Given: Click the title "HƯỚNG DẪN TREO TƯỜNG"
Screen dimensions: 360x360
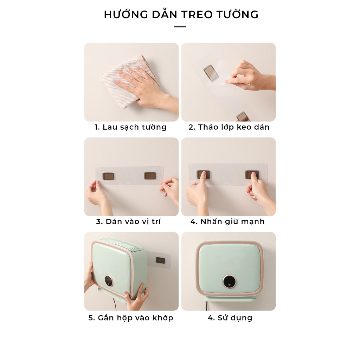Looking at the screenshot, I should (181, 15).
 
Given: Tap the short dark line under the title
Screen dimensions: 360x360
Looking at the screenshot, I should (180, 26).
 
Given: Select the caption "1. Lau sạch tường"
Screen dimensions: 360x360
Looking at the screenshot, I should (131, 127).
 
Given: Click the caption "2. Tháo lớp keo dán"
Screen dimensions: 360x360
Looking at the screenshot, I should (229, 127).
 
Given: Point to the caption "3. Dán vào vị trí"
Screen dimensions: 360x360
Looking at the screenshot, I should (128, 222).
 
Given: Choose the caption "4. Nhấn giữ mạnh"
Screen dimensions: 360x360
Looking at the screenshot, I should (227, 222).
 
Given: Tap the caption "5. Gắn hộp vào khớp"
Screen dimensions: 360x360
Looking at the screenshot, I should (131, 318).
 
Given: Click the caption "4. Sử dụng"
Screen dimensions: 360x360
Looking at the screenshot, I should (230, 318).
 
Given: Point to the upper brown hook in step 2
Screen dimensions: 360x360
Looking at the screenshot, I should (211, 73).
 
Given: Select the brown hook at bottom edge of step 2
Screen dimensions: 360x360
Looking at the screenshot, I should (243, 117).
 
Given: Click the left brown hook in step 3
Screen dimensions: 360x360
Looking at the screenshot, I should (108, 176).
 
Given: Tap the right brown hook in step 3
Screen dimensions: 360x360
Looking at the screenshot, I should (150, 176).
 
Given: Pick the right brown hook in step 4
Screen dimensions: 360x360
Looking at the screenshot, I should (252, 174).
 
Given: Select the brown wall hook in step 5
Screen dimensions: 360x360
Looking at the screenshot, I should (160, 261).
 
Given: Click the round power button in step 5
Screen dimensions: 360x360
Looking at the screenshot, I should (108, 281).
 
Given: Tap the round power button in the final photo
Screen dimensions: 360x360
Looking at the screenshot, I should (229, 281).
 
